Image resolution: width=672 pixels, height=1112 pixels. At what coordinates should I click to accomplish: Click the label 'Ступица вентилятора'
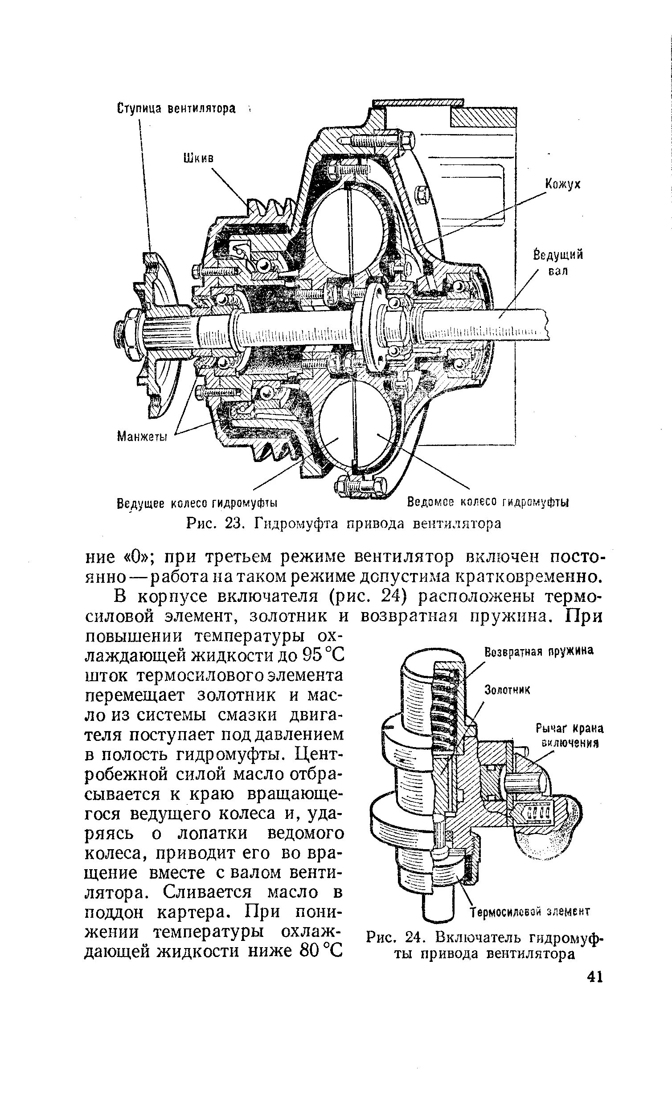(x=176, y=109)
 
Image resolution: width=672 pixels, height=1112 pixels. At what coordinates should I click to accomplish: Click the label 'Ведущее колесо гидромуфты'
(x=197, y=503)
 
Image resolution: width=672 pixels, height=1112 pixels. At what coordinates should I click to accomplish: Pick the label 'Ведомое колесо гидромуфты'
(x=488, y=502)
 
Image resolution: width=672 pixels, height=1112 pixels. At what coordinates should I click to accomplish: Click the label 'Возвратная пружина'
(x=538, y=652)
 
